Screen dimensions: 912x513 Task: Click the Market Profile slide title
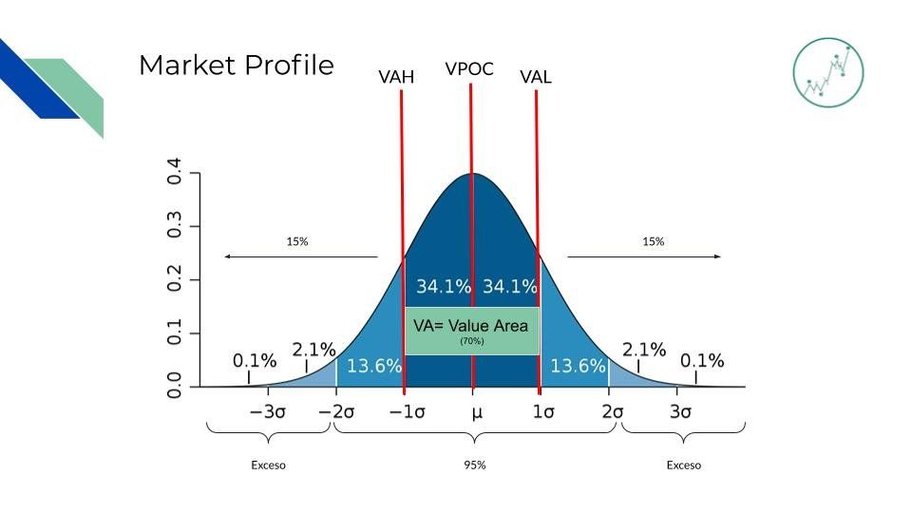pos(237,66)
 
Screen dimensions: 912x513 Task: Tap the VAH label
pos(396,77)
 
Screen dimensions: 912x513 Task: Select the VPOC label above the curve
pos(469,68)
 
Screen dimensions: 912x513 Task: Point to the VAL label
pos(536,77)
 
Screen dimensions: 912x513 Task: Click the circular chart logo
pos(828,73)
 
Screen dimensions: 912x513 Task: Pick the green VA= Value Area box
pos(472,331)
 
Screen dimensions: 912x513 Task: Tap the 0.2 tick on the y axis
pos(174,278)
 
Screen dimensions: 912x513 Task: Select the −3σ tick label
pos(268,411)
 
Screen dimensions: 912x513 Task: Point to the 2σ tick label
pos(613,411)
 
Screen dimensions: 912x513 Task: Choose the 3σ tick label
pos(680,411)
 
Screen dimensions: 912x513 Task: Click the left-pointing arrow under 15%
pos(301,256)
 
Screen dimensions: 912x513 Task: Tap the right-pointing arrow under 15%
pos(644,256)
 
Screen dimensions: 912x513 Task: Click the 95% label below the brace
pos(475,465)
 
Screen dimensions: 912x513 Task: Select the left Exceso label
pos(268,465)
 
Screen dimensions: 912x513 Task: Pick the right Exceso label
pos(684,465)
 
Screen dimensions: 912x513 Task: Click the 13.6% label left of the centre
pos(374,366)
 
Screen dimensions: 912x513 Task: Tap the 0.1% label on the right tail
pos(702,361)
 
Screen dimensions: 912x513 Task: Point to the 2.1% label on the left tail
pos(314,350)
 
